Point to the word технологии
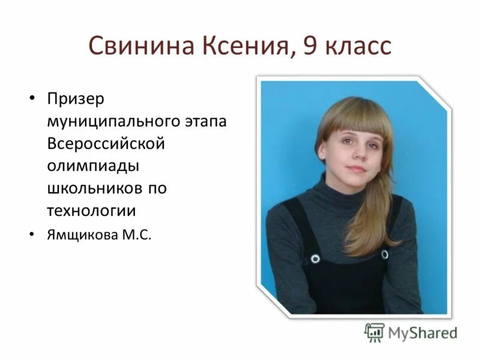coord(91,211)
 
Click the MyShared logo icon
coord(374,332)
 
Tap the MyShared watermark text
coord(422,332)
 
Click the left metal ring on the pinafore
coord(315,259)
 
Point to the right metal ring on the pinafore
coord(385,254)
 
